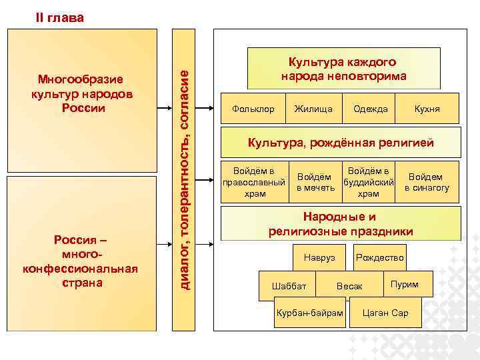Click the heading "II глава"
coord(59,18)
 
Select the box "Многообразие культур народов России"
coord(82,95)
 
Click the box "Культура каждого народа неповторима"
coord(343,69)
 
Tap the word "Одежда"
coord(371,109)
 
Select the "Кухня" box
coord(427,109)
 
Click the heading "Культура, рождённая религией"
coord(341,142)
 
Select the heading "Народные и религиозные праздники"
coord(341,224)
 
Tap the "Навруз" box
coord(319,257)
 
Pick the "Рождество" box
coord(380,257)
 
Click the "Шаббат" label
coord(289,286)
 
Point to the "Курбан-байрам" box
coord(310,313)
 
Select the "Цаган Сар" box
coord(385,313)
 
